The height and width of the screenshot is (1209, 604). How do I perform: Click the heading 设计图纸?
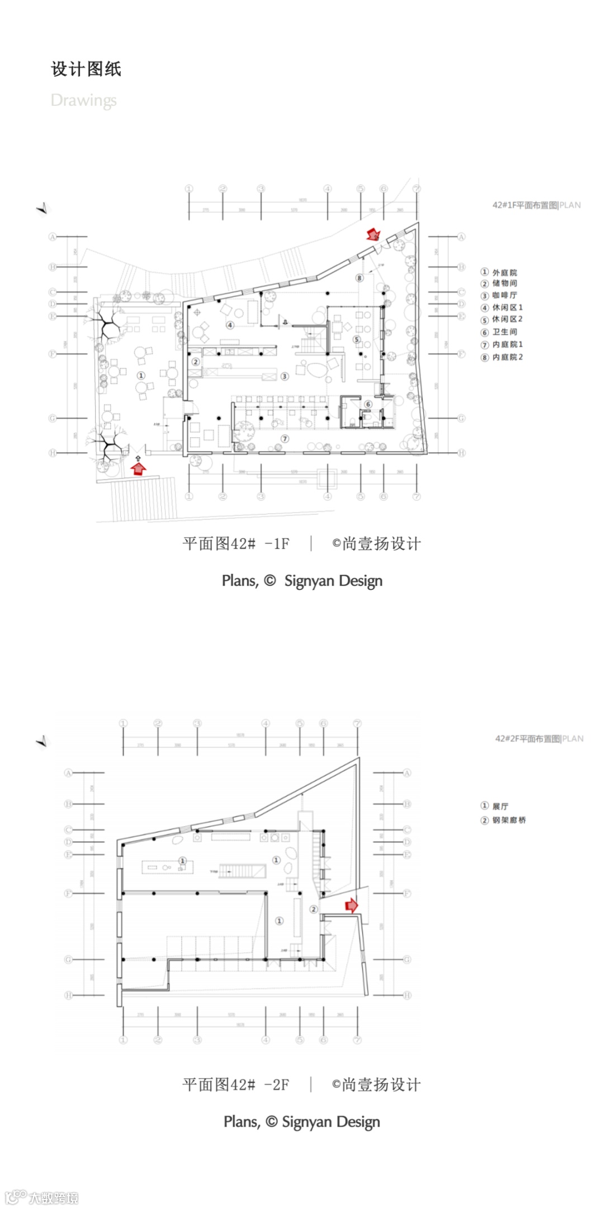(x=86, y=69)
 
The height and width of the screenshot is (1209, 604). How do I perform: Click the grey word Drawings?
(x=83, y=100)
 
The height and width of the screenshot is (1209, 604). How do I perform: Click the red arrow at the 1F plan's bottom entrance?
(x=138, y=467)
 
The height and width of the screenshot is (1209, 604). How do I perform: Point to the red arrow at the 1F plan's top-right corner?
(x=373, y=234)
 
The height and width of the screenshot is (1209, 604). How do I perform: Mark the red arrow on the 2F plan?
(x=351, y=905)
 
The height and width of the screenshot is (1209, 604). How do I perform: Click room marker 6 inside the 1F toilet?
(x=368, y=404)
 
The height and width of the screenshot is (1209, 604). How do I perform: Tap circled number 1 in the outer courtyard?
(x=141, y=376)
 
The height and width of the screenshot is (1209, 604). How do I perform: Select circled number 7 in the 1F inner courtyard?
(x=285, y=439)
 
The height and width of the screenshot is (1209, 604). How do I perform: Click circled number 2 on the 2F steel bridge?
(x=313, y=909)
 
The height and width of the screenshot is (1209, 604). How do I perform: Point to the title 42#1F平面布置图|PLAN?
(x=536, y=205)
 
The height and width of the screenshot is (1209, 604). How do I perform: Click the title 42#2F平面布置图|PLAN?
(x=539, y=738)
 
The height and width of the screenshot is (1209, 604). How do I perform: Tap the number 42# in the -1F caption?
(x=243, y=543)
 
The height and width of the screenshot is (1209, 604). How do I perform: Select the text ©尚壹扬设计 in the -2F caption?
(x=376, y=1084)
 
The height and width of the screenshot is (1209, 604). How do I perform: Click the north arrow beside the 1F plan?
(x=43, y=208)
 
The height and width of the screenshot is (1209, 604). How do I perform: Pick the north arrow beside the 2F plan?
(x=43, y=742)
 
